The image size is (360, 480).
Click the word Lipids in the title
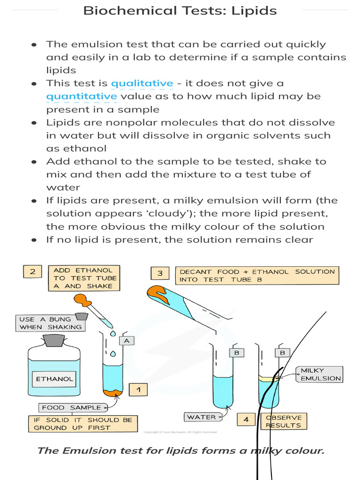(254, 10)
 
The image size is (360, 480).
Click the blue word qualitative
(142, 83)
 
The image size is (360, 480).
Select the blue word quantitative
(81, 97)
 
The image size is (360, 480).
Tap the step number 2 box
(32, 271)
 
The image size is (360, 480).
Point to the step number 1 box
(138, 389)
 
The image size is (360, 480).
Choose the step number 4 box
(246, 420)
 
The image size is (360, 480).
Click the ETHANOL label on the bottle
(54, 379)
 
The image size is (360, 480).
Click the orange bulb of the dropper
(83, 299)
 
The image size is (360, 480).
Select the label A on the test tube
(126, 341)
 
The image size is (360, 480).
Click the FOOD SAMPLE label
(72, 407)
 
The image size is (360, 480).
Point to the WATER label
(201, 417)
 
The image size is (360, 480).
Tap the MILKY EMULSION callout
(321, 374)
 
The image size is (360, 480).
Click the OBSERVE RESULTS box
(283, 421)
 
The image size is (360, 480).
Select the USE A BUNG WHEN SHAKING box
(51, 323)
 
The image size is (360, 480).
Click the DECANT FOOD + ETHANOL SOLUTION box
(257, 275)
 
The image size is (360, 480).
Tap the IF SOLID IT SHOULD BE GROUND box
(83, 424)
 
